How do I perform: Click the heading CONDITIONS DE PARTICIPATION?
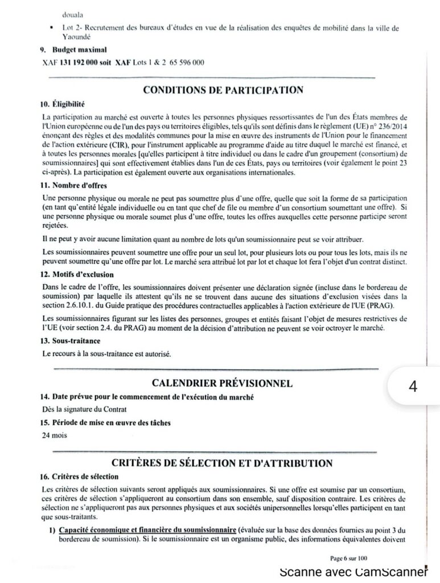pyautogui.click(x=223, y=90)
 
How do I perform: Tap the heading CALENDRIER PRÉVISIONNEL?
pyautogui.click(x=222, y=383)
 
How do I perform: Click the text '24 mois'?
pyautogui.click(x=54, y=436)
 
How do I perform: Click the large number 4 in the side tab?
pyautogui.click(x=413, y=387)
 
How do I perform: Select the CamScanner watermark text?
pyautogui.click(x=353, y=572)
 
